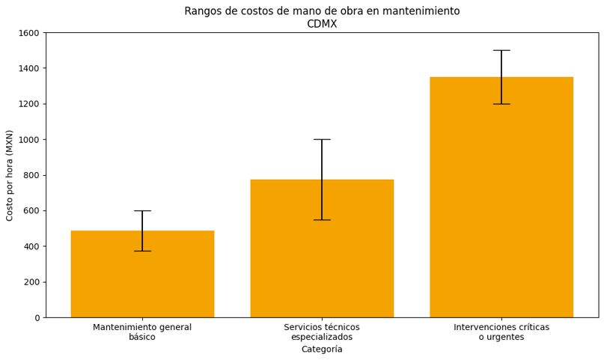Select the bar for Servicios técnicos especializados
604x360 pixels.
322,254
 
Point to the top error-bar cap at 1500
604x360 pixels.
501,50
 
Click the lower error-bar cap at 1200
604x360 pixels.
501,104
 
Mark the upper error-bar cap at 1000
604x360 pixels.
322,139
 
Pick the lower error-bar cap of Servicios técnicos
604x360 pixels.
322,219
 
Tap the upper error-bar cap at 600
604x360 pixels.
142,210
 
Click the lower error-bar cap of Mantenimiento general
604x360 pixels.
142,251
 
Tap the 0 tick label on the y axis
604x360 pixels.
37,317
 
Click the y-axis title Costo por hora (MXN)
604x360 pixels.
10,175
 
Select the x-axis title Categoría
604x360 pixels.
322,350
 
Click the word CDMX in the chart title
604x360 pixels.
322,24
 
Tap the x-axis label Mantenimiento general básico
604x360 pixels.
142,332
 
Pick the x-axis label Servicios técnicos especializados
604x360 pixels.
322,332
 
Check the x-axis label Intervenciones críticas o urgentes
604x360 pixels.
501,332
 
